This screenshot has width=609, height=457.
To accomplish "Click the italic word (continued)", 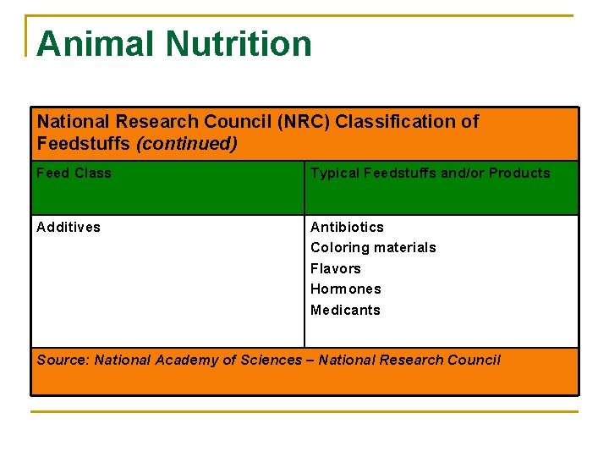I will [187, 144].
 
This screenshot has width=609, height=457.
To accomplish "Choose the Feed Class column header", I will [74, 173].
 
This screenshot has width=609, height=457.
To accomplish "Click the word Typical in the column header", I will [335, 173].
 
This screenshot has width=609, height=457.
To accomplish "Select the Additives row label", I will [69, 227].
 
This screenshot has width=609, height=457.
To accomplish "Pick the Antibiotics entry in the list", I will [347, 227].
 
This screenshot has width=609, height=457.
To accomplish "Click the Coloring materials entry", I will [373, 248].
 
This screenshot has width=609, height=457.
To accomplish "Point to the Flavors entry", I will [336, 268].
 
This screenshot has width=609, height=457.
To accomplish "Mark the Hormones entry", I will [346, 289].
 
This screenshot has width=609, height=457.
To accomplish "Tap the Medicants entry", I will [345, 310].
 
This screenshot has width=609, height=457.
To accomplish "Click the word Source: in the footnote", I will [63, 361].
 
